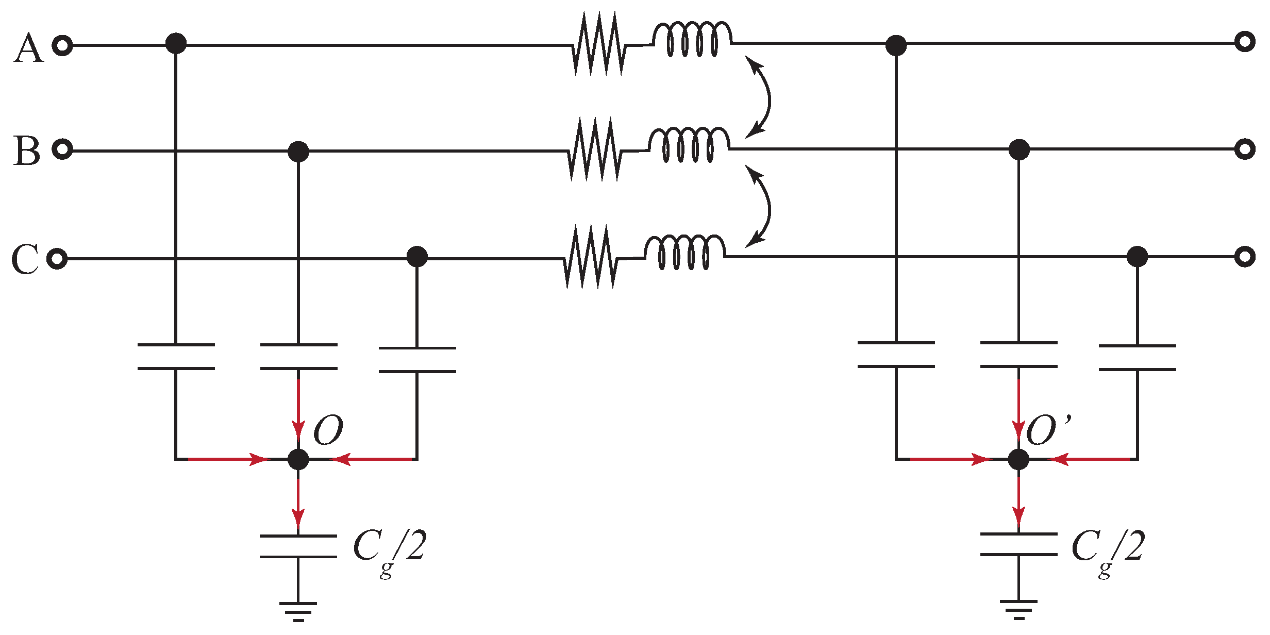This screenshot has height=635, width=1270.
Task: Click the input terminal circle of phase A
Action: tap(62, 46)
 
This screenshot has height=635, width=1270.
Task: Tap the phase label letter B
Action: tap(26, 151)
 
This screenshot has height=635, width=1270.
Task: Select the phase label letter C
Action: tap(24, 259)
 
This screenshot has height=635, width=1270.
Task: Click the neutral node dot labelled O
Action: tap(298, 459)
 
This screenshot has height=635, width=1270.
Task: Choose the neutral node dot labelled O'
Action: tap(1018, 459)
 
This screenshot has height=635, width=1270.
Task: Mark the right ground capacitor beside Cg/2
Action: tap(1018, 544)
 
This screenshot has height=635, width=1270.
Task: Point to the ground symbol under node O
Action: tap(298, 610)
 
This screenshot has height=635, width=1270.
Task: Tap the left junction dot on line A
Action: tap(176, 43)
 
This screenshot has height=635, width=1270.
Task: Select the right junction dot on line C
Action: tap(1137, 256)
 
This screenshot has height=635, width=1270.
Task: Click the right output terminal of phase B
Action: tap(1244, 149)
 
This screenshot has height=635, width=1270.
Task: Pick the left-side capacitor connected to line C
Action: tap(417, 360)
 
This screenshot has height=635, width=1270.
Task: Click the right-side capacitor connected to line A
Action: tap(896, 355)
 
